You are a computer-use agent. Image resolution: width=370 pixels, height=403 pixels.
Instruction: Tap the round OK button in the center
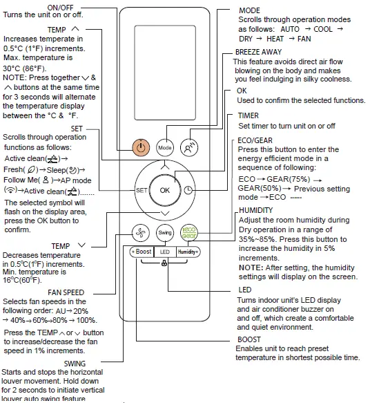point(164,189)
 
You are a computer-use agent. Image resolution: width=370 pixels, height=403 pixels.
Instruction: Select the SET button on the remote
point(142,189)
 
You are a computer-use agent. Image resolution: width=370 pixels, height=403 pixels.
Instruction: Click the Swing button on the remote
point(164,233)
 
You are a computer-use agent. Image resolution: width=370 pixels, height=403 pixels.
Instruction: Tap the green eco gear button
point(188,233)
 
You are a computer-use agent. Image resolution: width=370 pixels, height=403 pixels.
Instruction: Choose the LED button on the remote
point(164,252)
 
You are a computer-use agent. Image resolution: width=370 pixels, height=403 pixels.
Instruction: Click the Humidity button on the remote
point(187,252)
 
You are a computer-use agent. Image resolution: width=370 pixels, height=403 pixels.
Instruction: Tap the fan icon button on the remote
point(141,233)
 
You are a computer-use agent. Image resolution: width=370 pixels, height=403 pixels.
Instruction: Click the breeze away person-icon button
point(188,147)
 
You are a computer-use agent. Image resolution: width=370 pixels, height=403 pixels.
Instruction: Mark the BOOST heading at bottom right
point(249,339)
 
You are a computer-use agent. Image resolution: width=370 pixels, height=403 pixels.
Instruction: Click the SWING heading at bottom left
point(75,362)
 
